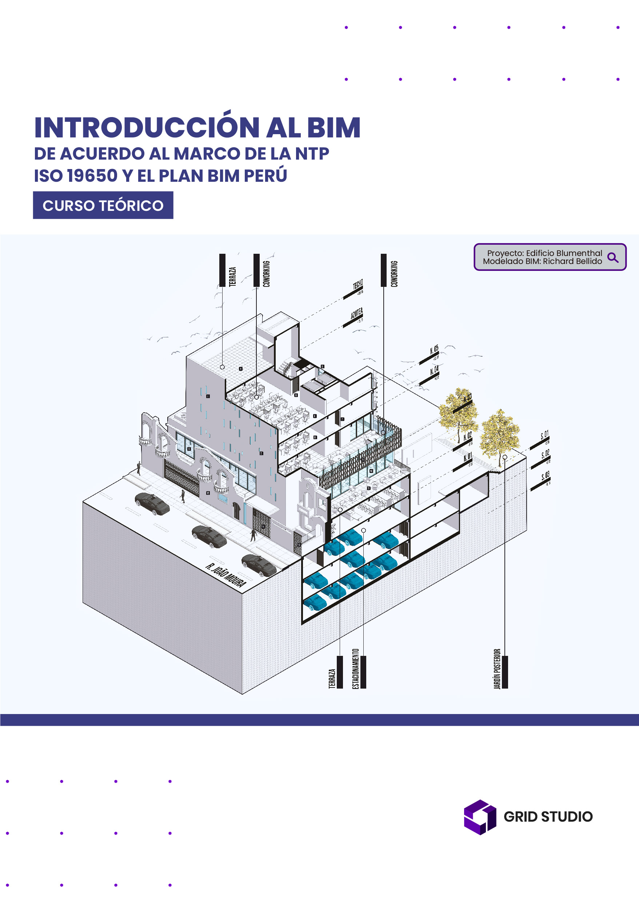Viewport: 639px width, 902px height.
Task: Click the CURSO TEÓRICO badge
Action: [103, 205]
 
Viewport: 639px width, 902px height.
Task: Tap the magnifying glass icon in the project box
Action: [613, 258]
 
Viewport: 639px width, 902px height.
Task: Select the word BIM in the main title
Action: [333, 128]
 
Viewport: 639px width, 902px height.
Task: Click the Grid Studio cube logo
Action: [480, 817]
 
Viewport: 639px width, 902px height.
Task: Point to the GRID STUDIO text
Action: [548, 817]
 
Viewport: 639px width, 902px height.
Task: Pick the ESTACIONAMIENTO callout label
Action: [356, 669]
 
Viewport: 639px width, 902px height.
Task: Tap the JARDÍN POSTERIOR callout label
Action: [497, 669]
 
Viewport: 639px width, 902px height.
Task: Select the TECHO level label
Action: [357, 285]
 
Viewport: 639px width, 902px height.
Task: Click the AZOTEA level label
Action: [356, 314]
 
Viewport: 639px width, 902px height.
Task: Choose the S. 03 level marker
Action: [546, 476]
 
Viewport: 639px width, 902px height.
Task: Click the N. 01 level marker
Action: [467, 457]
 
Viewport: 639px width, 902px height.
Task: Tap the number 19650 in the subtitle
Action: [92, 176]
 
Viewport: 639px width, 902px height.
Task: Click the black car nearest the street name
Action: [259, 565]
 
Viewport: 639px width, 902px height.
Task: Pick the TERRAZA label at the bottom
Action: [332, 678]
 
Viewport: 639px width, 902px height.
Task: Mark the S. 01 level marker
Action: [544, 435]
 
